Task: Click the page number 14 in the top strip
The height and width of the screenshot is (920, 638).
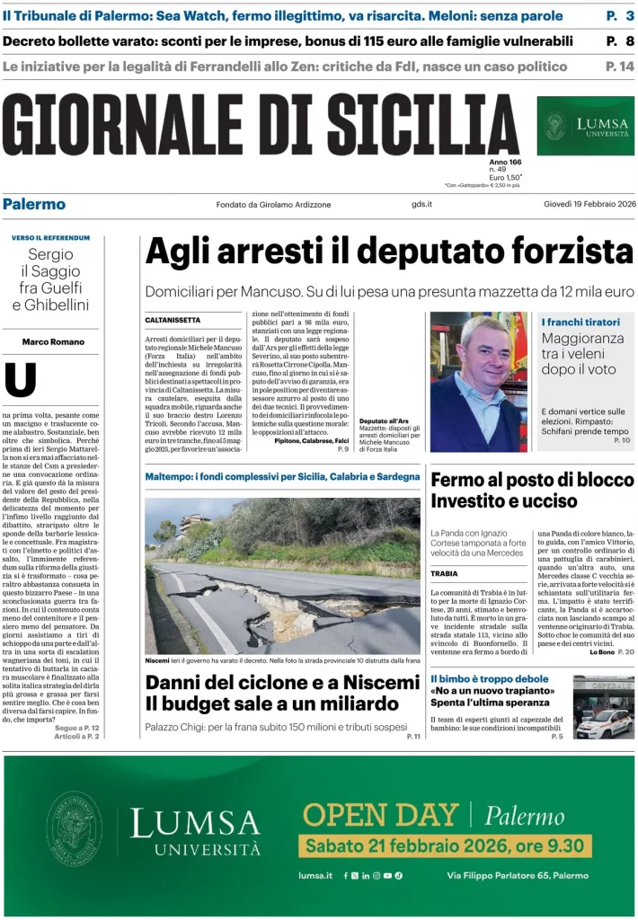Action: point(620,66)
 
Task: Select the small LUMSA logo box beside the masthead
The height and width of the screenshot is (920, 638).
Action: point(585,126)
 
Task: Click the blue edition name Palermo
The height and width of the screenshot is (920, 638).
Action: point(33,204)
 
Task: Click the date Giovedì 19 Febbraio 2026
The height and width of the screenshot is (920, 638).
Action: point(589,204)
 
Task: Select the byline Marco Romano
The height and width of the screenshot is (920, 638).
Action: point(53,341)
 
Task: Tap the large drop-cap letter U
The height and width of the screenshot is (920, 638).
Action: point(21,380)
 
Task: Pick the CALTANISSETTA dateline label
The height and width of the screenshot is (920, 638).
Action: point(173,320)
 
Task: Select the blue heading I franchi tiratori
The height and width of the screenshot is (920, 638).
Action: point(580,322)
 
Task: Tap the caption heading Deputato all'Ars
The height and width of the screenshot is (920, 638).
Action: point(384,420)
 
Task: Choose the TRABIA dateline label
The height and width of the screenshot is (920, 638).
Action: point(444,573)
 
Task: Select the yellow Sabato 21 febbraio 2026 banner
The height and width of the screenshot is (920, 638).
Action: point(445,845)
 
